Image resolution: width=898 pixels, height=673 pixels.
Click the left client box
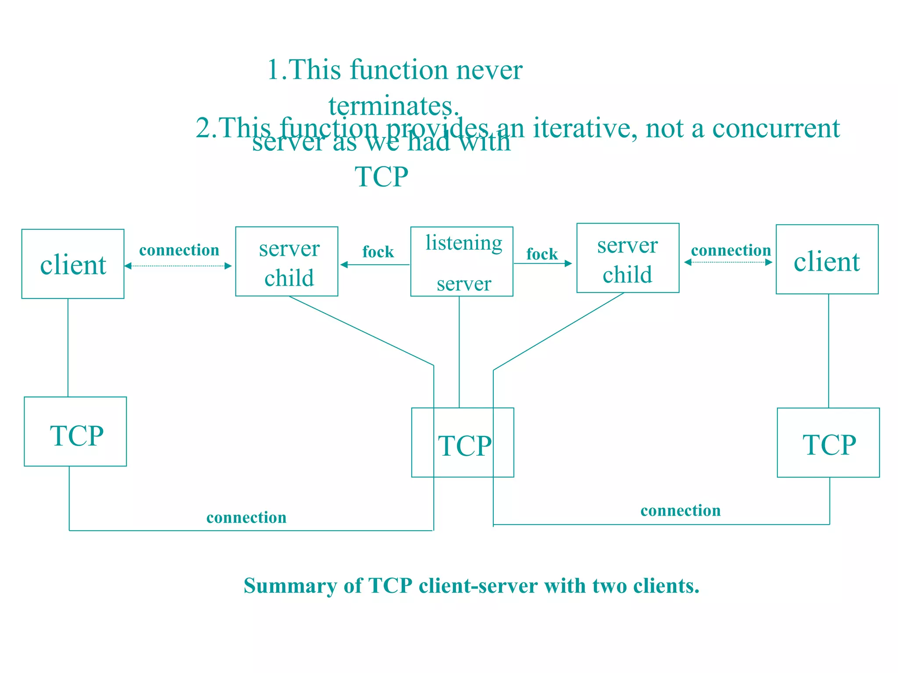73,264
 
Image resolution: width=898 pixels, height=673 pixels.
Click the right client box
827,260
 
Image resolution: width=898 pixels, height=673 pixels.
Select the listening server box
462,262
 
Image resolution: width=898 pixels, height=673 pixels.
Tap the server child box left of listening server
287,262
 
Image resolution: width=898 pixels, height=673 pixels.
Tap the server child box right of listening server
628,258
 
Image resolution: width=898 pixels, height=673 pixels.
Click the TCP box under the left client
75,432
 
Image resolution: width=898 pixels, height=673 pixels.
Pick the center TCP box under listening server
463,443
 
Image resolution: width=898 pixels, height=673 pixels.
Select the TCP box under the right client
828,443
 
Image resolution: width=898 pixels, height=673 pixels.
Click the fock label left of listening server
378,252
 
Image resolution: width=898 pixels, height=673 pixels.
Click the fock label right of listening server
542,254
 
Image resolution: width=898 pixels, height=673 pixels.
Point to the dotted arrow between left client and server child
178,266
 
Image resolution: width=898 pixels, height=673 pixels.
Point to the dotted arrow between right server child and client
728,262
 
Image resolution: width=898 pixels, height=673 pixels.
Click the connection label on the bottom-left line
246,517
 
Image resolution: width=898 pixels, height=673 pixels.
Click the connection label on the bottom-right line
681,510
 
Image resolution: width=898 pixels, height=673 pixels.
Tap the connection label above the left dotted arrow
179,250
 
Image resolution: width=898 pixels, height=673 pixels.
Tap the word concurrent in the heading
776,128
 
